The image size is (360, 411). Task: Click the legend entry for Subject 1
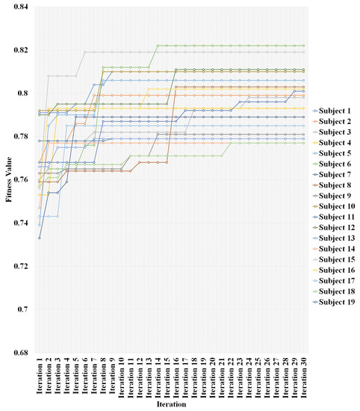334,110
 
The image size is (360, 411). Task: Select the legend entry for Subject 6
334,163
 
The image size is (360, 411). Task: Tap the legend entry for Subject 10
335,205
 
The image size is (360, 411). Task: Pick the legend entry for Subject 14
335,249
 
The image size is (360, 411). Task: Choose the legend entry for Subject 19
335,302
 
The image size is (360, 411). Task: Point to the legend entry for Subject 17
335,281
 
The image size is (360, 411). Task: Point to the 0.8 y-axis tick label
22,93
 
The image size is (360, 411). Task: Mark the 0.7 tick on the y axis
22,309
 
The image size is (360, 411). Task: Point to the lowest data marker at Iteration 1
40,238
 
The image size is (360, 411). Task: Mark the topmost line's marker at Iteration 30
303,46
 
